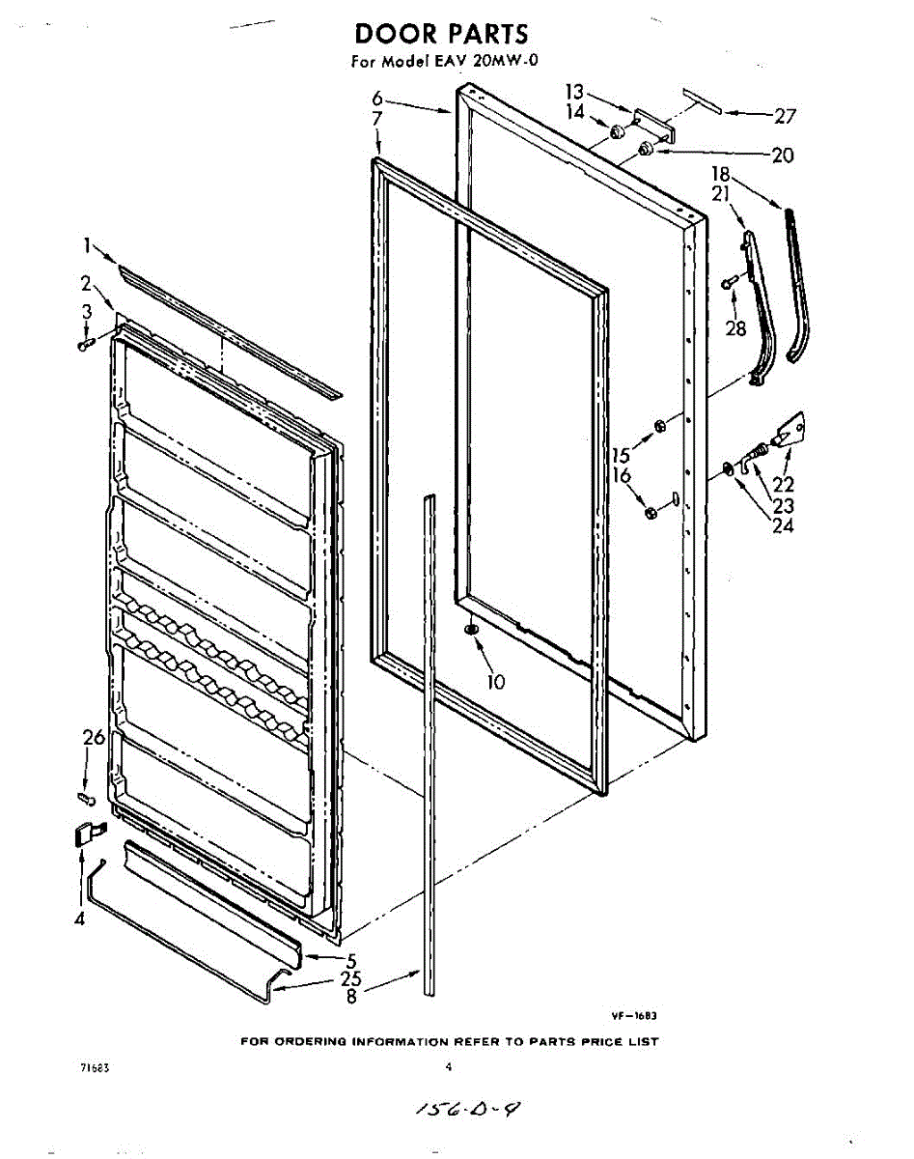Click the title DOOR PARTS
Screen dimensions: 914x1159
(x=441, y=34)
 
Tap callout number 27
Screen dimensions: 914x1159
(x=785, y=117)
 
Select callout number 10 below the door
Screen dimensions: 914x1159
(x=495, y=682)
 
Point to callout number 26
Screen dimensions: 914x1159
(x=93, y=739)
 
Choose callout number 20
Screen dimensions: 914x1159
(x=782, y=155)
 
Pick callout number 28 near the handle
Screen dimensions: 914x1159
(x=736, y=329)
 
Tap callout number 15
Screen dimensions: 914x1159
(x=621, y=454)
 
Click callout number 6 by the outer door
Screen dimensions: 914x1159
(x=377, y=98)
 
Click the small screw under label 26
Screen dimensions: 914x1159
(x=84, y=798)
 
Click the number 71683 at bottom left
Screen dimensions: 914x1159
(x=94, y=1068)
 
